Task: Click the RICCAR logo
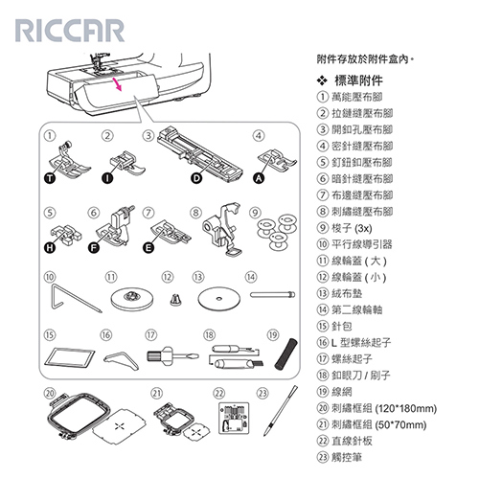(x=70, y=31)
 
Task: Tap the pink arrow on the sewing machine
(x=118, y=83)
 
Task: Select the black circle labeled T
(x=50, y=178)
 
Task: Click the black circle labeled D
(x=196, y=178)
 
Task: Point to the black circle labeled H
(x=50, y=247)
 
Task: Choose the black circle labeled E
(x=148, y=247)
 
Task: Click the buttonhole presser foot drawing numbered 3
(x=200, y=155)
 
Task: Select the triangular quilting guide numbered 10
(x=71, y=298)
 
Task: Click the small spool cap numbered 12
(x=175, y=300)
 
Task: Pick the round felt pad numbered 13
(x=218, y=299)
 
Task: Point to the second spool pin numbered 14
(x=272, y=294)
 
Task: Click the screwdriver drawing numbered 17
(x=172, y=355)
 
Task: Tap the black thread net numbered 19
(x=285, y=354)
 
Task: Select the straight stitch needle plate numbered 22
(x=234, y=418)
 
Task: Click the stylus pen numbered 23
(x=281, y=411)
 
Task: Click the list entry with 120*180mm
(x=376, y=408)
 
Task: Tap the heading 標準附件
(x=358, y=80)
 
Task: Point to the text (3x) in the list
(x=363, y=228)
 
